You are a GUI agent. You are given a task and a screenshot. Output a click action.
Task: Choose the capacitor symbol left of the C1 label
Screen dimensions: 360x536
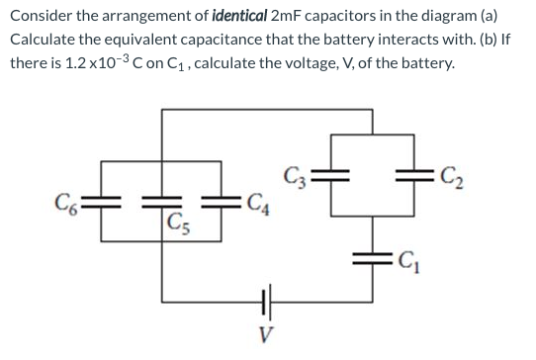375,261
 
